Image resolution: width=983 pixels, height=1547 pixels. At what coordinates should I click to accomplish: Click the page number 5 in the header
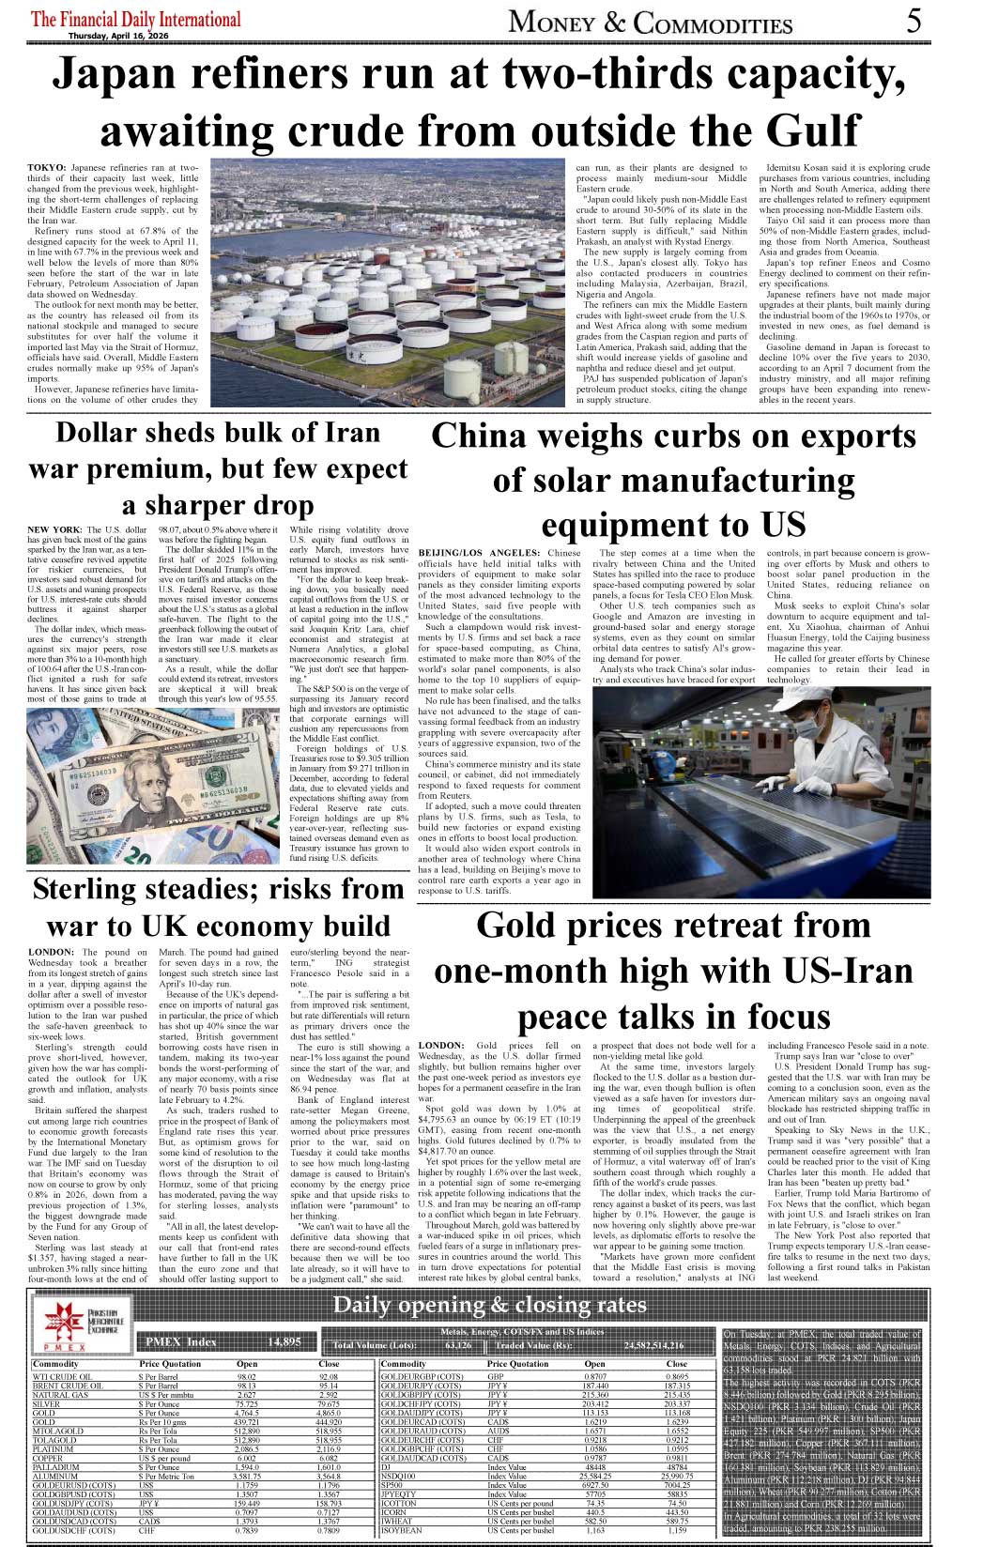(914, 21)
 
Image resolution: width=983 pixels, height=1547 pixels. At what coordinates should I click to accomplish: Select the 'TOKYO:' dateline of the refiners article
(47, 166)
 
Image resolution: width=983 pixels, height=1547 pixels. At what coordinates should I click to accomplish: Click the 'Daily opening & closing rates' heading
(489, 1305)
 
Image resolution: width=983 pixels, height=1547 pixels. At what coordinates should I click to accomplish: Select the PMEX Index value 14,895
(284, 1342)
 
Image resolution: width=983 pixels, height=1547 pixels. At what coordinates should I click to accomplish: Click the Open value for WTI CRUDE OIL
(247, 1376)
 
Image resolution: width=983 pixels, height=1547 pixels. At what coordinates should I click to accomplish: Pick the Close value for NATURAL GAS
(329, 1395)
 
